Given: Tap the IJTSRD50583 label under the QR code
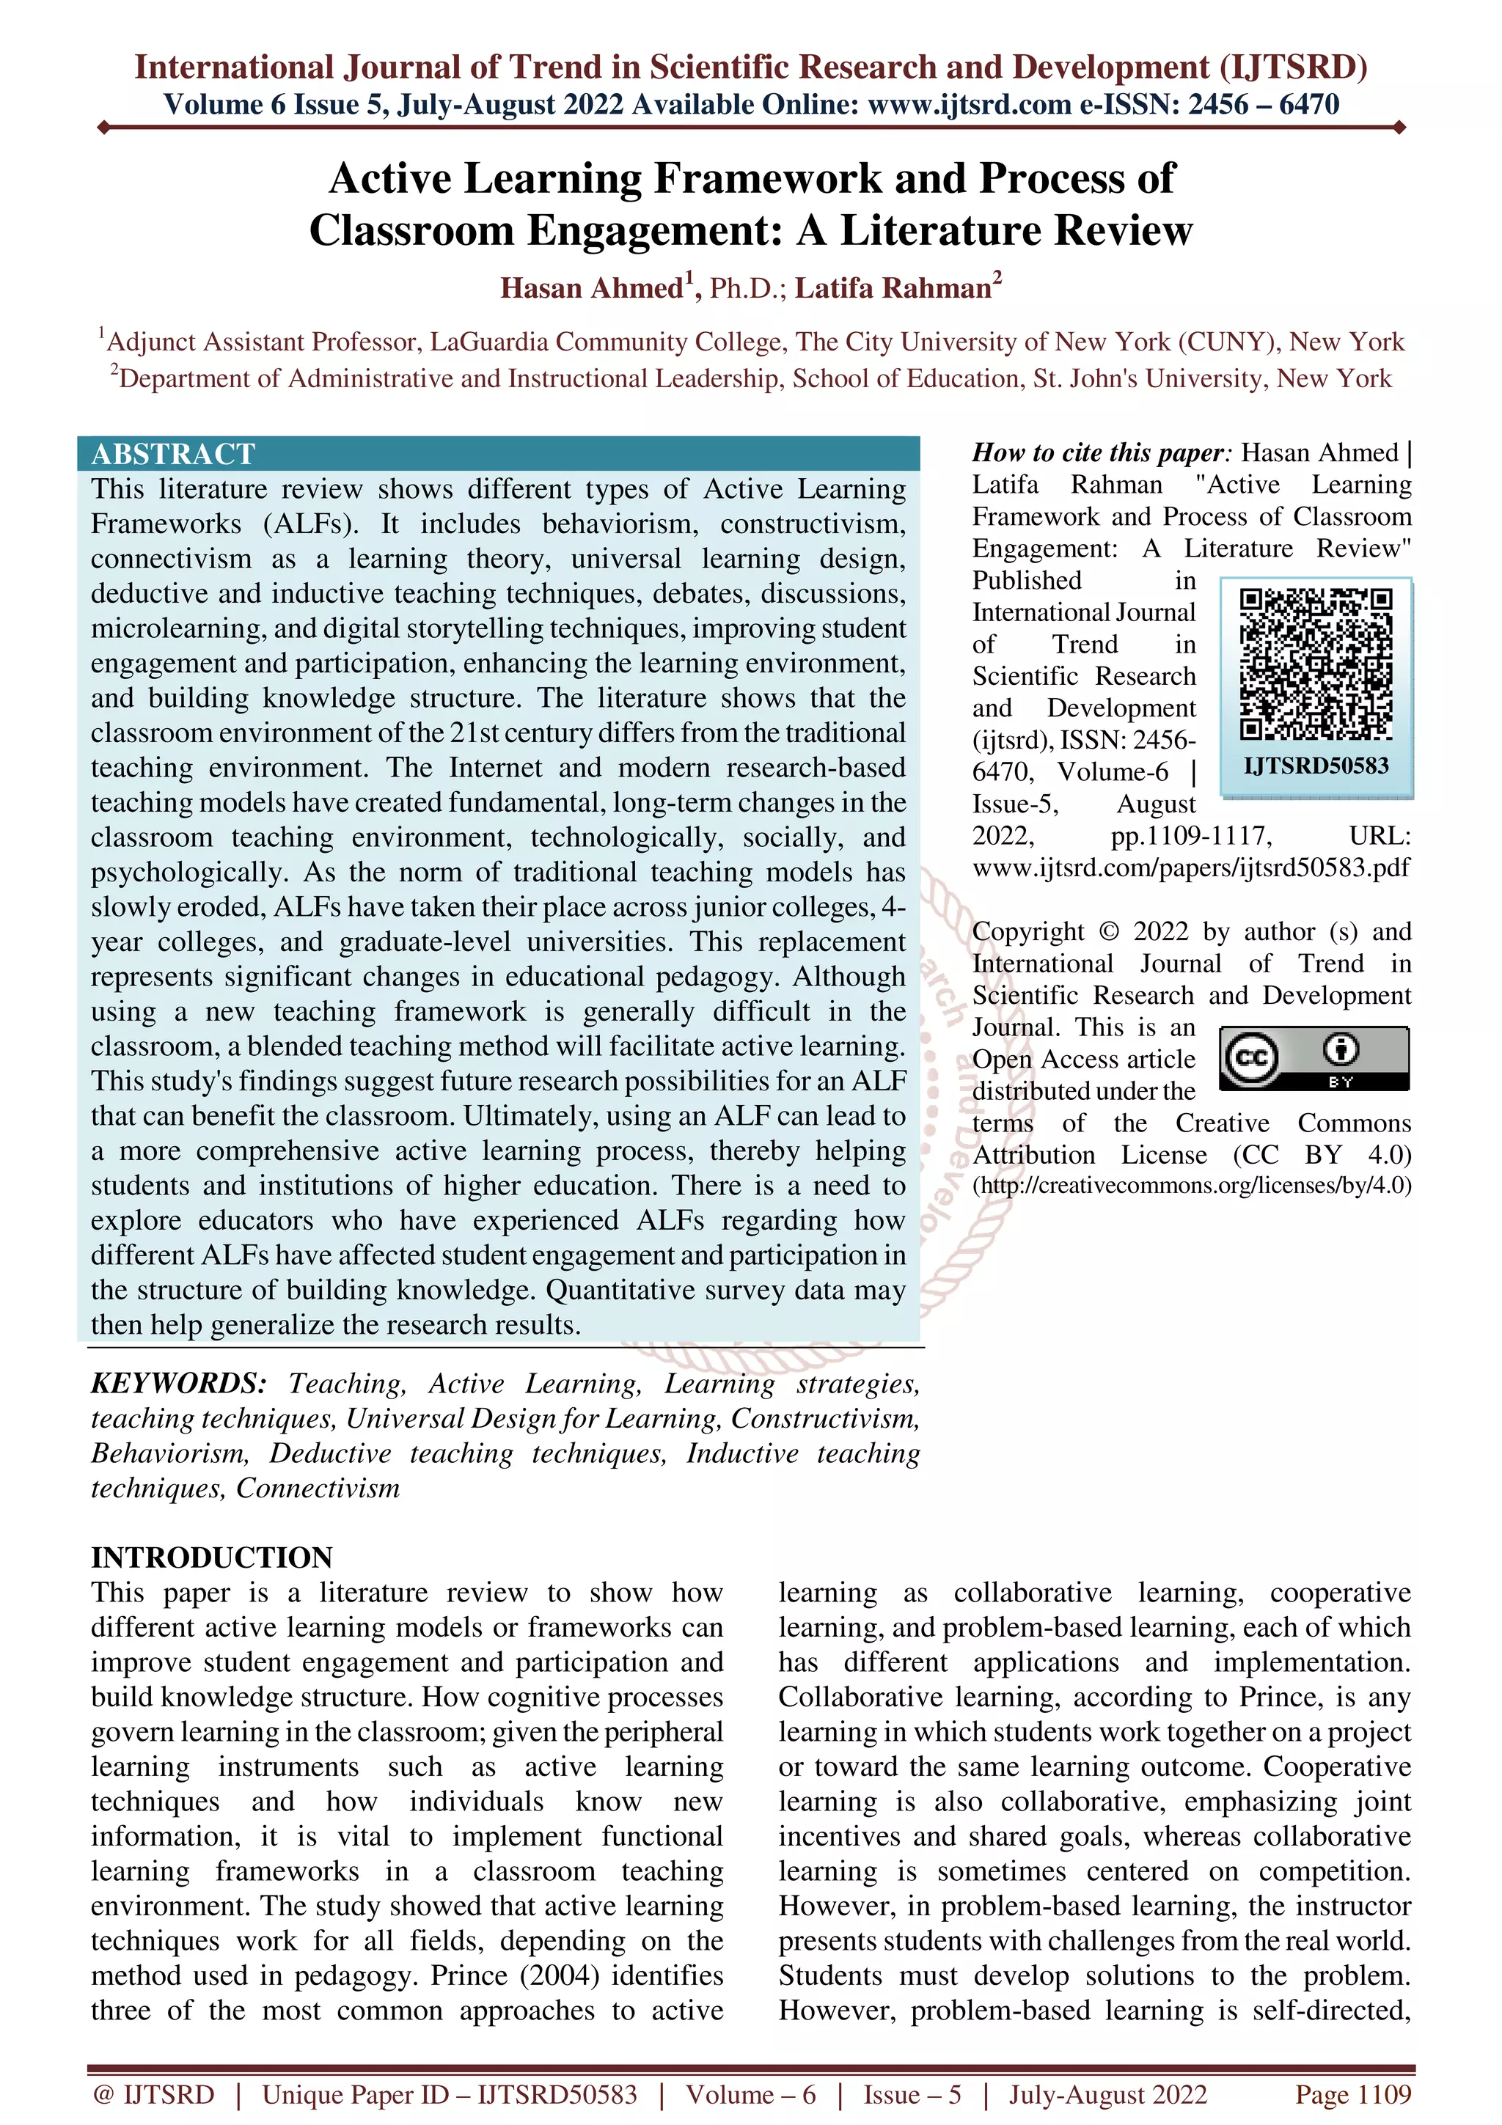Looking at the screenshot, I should coord(1315,766).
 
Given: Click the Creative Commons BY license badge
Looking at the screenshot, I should coord(1314,1058).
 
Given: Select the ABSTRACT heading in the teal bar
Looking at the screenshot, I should coord(173,453).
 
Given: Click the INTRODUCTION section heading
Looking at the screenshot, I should coord(211,1557).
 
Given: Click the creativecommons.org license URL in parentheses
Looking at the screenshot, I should coord(1192,1186).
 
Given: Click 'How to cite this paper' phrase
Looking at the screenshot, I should coord(1098,452).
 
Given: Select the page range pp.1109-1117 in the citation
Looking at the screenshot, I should coord(1191,836).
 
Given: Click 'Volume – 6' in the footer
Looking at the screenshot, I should coord(750,2093).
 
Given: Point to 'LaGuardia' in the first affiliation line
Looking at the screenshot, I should coord(490,342).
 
